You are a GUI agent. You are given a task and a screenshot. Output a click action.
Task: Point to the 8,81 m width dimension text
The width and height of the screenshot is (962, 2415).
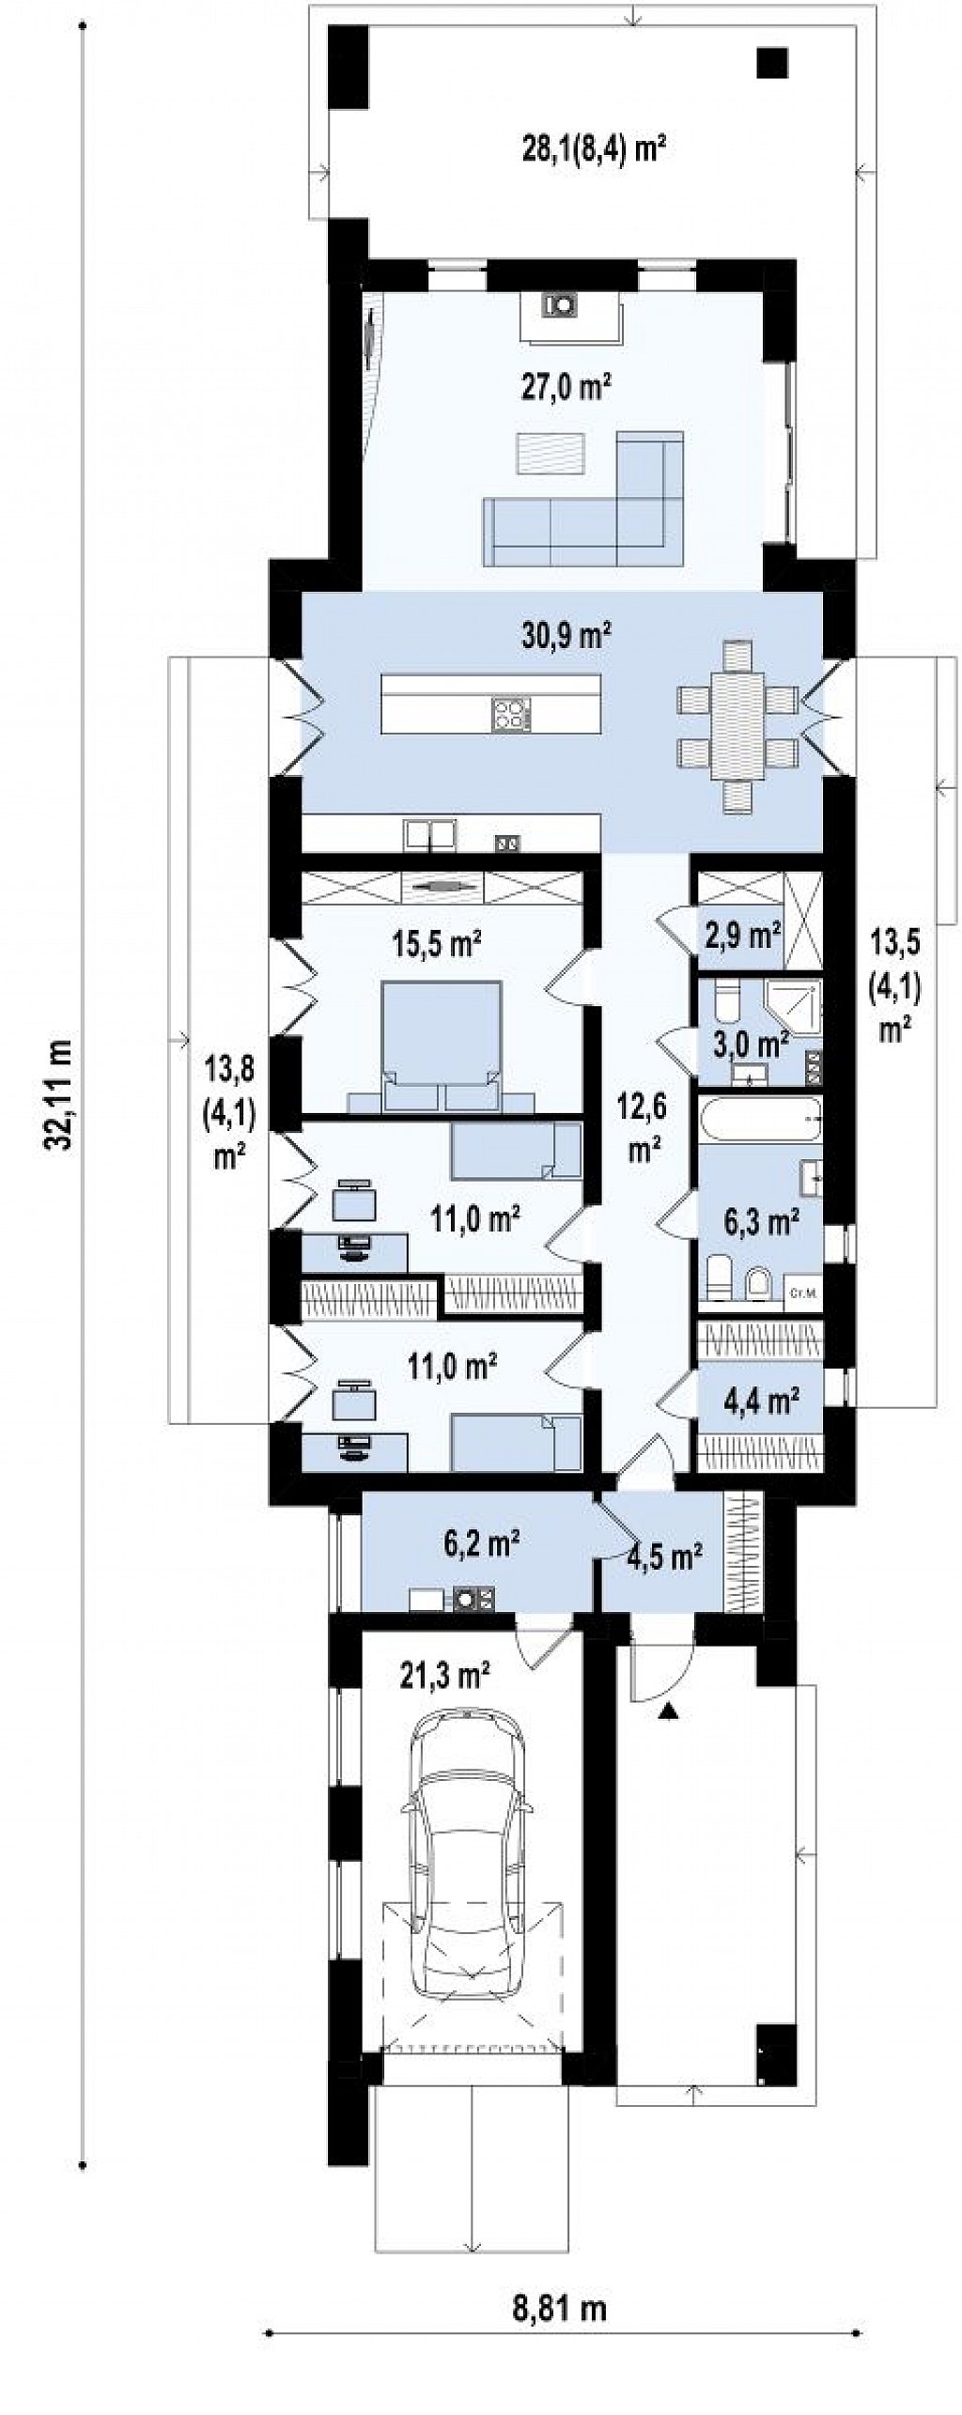coord(561,2328)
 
